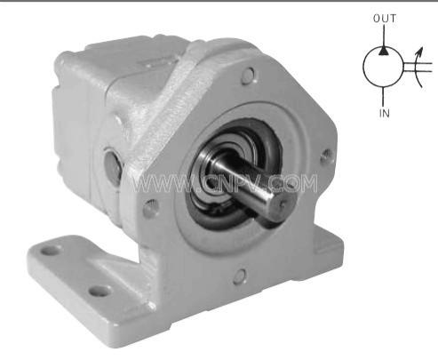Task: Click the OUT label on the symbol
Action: click(x=385, y=19)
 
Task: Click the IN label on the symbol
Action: click(x=385, y=113)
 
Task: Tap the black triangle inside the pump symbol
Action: click(x=384, y=51)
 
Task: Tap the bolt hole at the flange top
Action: click(x=249, y=76)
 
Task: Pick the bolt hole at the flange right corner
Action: click(x=327, y=156)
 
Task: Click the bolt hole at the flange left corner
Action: click(x=150, y=208)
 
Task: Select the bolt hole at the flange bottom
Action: click(x=240, y=277)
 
